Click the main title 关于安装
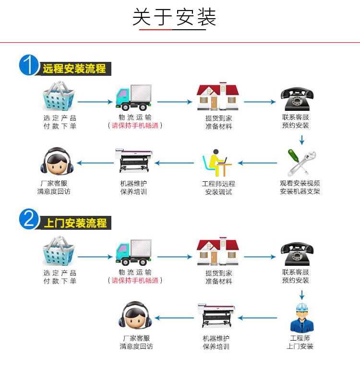pyautogui.click(x=174, y=18)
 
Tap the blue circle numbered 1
pyautogui.click(x=29, y=65)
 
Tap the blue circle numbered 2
pyautogui.click(x=29, y=220)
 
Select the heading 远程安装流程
pyautogui.click(x=74, y=69)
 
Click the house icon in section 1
pyautogui.click(x=217, y=96)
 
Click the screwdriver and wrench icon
pyautogui.click(x=301, y=162)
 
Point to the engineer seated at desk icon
pyautogui.click(x=217, y=162)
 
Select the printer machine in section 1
pyautogui.click(x=134, y=161)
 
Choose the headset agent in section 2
pyautogui.click(x=136, y=317)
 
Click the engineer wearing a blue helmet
pyautogui.click(x=300, y=317)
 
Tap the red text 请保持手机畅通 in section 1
pyautogui.click(x=135, y=126)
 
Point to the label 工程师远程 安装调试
pyautogui.click(x=218, y=188)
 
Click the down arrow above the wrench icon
pyautogui.click(x=301, y=140)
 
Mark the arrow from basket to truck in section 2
pyautogui.click(x=95, y=257)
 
